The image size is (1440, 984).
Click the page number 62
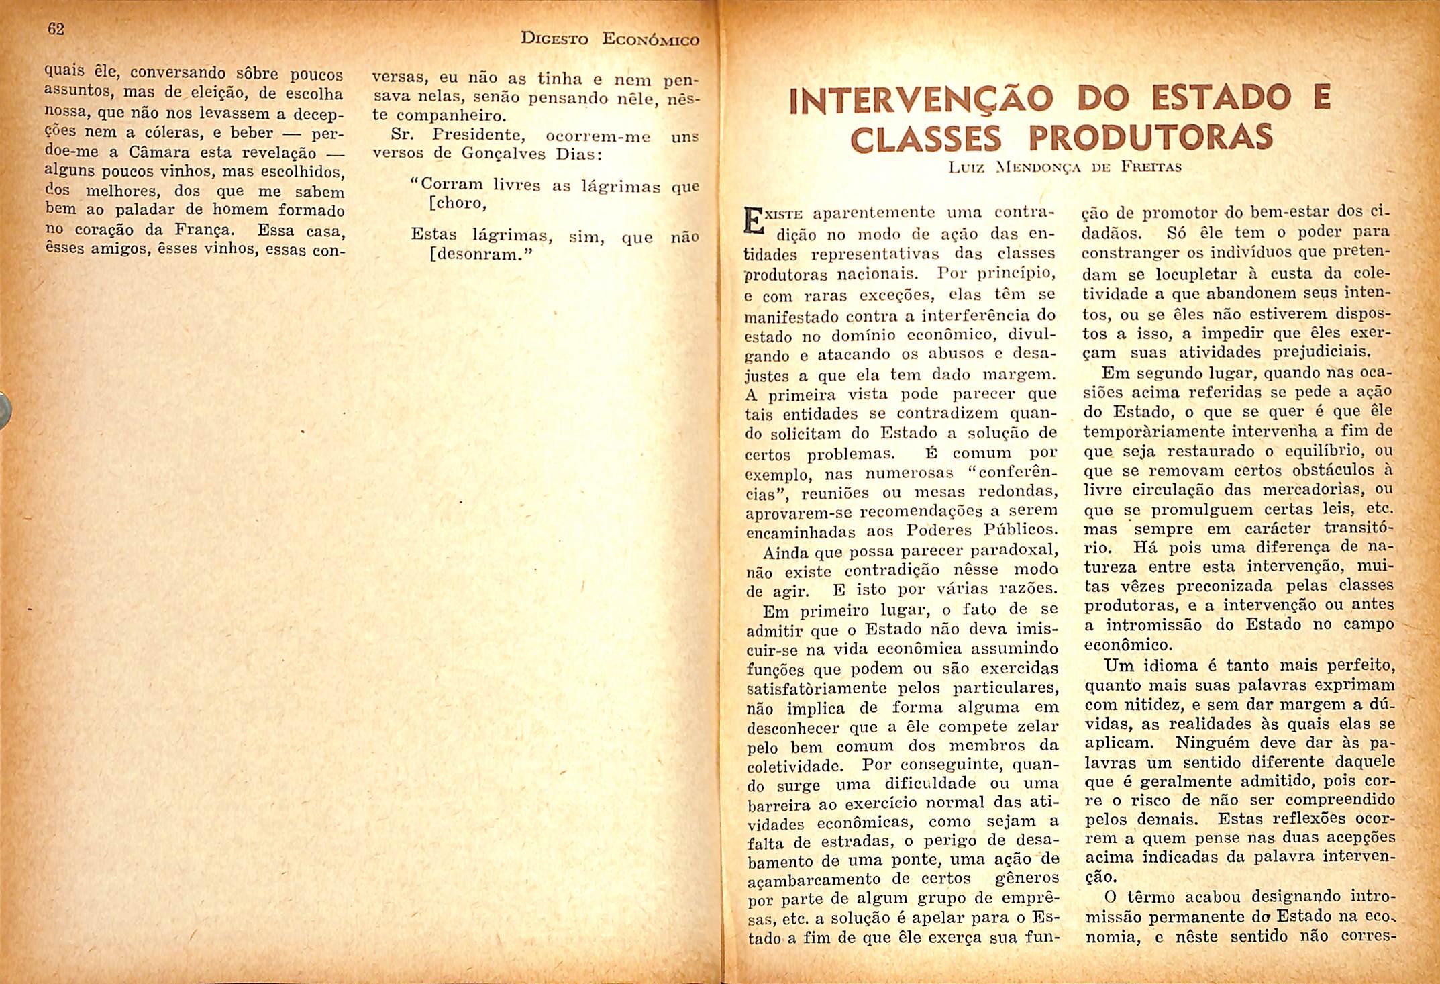tap(56, 30)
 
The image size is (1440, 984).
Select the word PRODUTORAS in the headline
tap(1150, 137)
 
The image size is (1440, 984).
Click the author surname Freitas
tap(1151, 167)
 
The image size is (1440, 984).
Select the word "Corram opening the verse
tap(446, 185)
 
